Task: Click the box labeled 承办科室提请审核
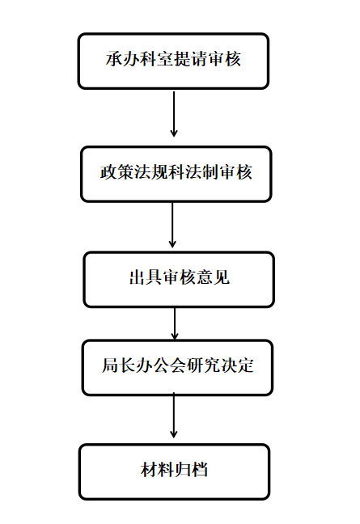point(173,61)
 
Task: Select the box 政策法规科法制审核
point(176,174)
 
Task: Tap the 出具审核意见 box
point(179,279)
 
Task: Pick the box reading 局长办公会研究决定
point(177,368)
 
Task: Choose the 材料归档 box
point(174,472)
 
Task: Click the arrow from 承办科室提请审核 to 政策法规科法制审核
point(173,114)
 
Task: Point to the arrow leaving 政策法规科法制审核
point(172,225)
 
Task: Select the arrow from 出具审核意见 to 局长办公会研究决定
point(175,323)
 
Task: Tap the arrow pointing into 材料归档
point(173,415)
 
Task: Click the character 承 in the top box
point(114,59)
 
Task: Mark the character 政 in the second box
point(108,172)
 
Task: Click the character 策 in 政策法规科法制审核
point(125,172)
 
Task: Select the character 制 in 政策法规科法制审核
point(210,172)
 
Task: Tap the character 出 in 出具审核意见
point(138,277)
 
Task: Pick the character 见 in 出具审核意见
point(222,277)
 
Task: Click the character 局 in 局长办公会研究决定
point(110,366)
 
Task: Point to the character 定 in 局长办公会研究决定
point(245,366)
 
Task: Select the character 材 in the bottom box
point(149,470)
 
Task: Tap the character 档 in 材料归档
point(200,470)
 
